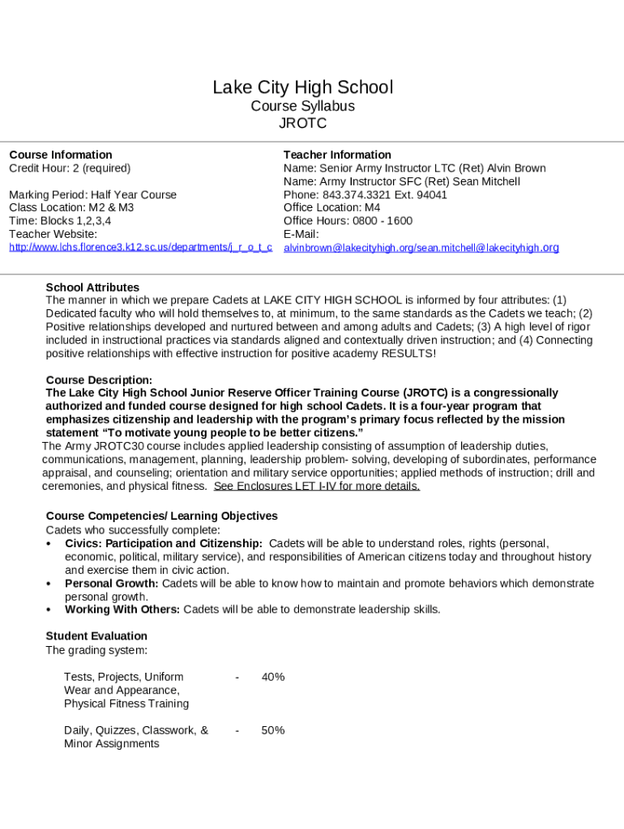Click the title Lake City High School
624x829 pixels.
click(x=302, y=87)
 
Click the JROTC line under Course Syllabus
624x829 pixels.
click(x=302, y=124)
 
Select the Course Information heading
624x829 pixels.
click(x=61, y=155)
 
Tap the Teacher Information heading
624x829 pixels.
click(x=337, y=155)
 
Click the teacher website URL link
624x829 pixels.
click(x=140, y=247)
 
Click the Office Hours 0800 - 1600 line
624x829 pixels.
click(x=348, y=221)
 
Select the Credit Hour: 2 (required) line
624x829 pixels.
click(x=70, y=168)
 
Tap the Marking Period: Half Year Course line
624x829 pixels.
click(x=92, y=195)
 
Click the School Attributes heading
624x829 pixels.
click(x=92, y=287)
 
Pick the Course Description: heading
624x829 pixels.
click(x=99, y=380)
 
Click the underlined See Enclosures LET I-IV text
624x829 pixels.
click(x=317, y=487)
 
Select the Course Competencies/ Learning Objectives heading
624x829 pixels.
click(x=161, y=516)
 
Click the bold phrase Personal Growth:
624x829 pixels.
click(x=112, y=584)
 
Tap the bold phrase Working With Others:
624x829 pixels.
click(x=122, y=610)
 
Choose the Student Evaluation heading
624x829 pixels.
click(x=96, y=636)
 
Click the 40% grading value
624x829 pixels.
click(x=273, y=677)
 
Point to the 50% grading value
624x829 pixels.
click(x=273, y=730)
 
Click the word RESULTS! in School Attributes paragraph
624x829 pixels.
click(x=408, y=354)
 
